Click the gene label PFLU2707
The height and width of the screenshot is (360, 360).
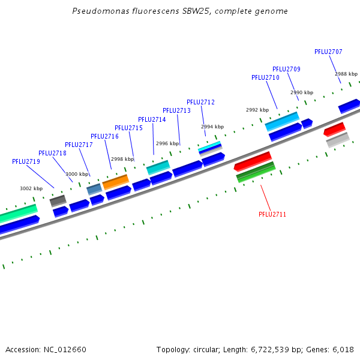pos(328,52)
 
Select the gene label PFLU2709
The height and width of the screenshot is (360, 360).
pos(286,69)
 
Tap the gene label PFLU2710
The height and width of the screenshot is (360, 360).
pos(265,77)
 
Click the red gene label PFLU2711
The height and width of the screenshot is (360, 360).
pos(272,214)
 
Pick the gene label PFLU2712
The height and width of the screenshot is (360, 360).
pos(200,102)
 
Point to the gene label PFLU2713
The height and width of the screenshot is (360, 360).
pos(176,110)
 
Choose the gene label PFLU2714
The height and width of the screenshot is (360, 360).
pos(152,119)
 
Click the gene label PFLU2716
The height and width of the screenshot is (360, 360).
pos(104,136)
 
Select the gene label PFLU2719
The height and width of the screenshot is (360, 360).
pos(26,161)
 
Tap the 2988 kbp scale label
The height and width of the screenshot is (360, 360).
pos(346,73)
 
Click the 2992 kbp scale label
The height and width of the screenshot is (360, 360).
pos(257,110)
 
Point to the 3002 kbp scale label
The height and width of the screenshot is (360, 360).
pos(31,188)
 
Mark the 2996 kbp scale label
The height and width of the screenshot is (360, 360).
pos(167,143)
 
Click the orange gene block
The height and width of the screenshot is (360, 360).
pos(115,181)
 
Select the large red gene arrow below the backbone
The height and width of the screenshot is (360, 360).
pos(253,161)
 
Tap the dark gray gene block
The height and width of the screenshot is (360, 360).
pos(58,200)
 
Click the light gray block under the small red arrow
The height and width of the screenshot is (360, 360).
pos(338,140)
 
